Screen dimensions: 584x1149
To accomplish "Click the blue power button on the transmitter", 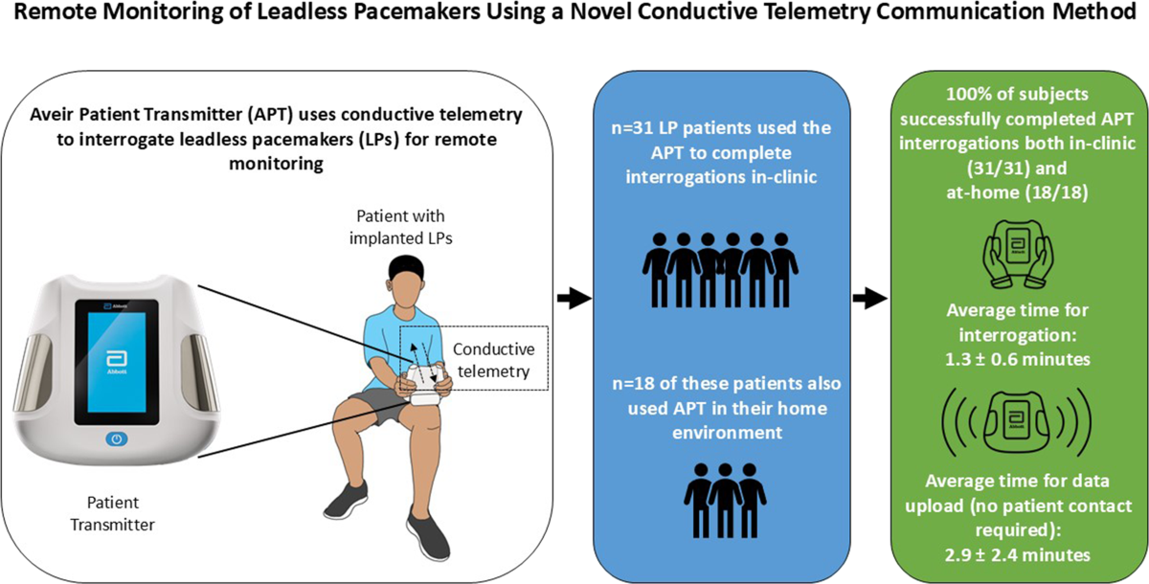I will (116, 439).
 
